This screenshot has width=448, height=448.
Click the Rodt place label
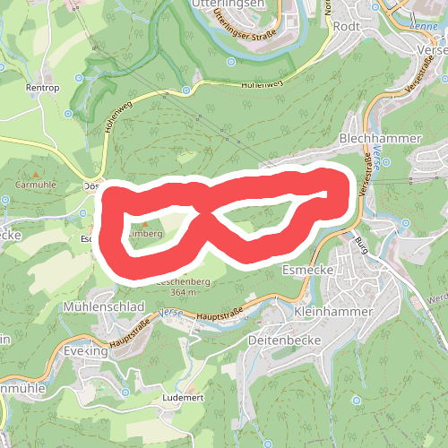point(346,26)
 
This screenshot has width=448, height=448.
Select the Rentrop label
point(41,88)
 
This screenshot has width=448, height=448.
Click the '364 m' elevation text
point(183,293)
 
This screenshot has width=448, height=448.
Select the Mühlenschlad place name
point(104,306)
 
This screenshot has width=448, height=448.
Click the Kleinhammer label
point(331,311)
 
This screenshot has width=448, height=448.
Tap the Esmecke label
point(307,269)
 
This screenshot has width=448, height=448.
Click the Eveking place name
point(86,351)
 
